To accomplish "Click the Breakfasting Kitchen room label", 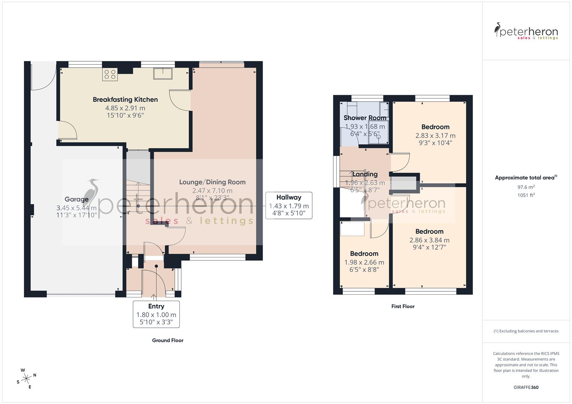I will pyautogui.click(x=125, y=100).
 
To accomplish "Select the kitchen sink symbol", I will pyautogui.click(x=163, y=73).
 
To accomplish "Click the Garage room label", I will pyautogui.click(x=76, y=199).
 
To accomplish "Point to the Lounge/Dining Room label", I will pyautogui.click(x=212, y=182).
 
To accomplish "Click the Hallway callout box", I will pyautogui.click(x=288, y=205).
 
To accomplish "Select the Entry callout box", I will pyautogui.click(x=156, y=314).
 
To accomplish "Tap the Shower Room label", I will pyautogui.click(x=364, y=118).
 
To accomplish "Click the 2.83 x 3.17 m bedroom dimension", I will pyautogui.click(x=435, y=136).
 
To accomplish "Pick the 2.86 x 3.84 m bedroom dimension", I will pyautogui.click(x=429, y=241).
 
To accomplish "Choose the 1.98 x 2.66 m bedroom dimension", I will pyautogui.click(x=364, y=263).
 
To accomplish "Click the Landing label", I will pyautogui.click(x=365, y=174).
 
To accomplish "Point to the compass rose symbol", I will pyautogui.click(x=26, y=379).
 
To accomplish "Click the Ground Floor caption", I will pyautogui.click(x=167, y=340).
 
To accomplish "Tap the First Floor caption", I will pyautogui.click(x=403, y=306).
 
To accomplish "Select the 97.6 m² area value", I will pyautogui.click(x=526, y=187).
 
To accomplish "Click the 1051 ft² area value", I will pyautogui.click(x=526, y=195).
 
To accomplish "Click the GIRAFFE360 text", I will pyautogui.click(x=526, y=387).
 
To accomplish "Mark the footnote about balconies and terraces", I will pyautogui.click(x=526, y=331).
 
